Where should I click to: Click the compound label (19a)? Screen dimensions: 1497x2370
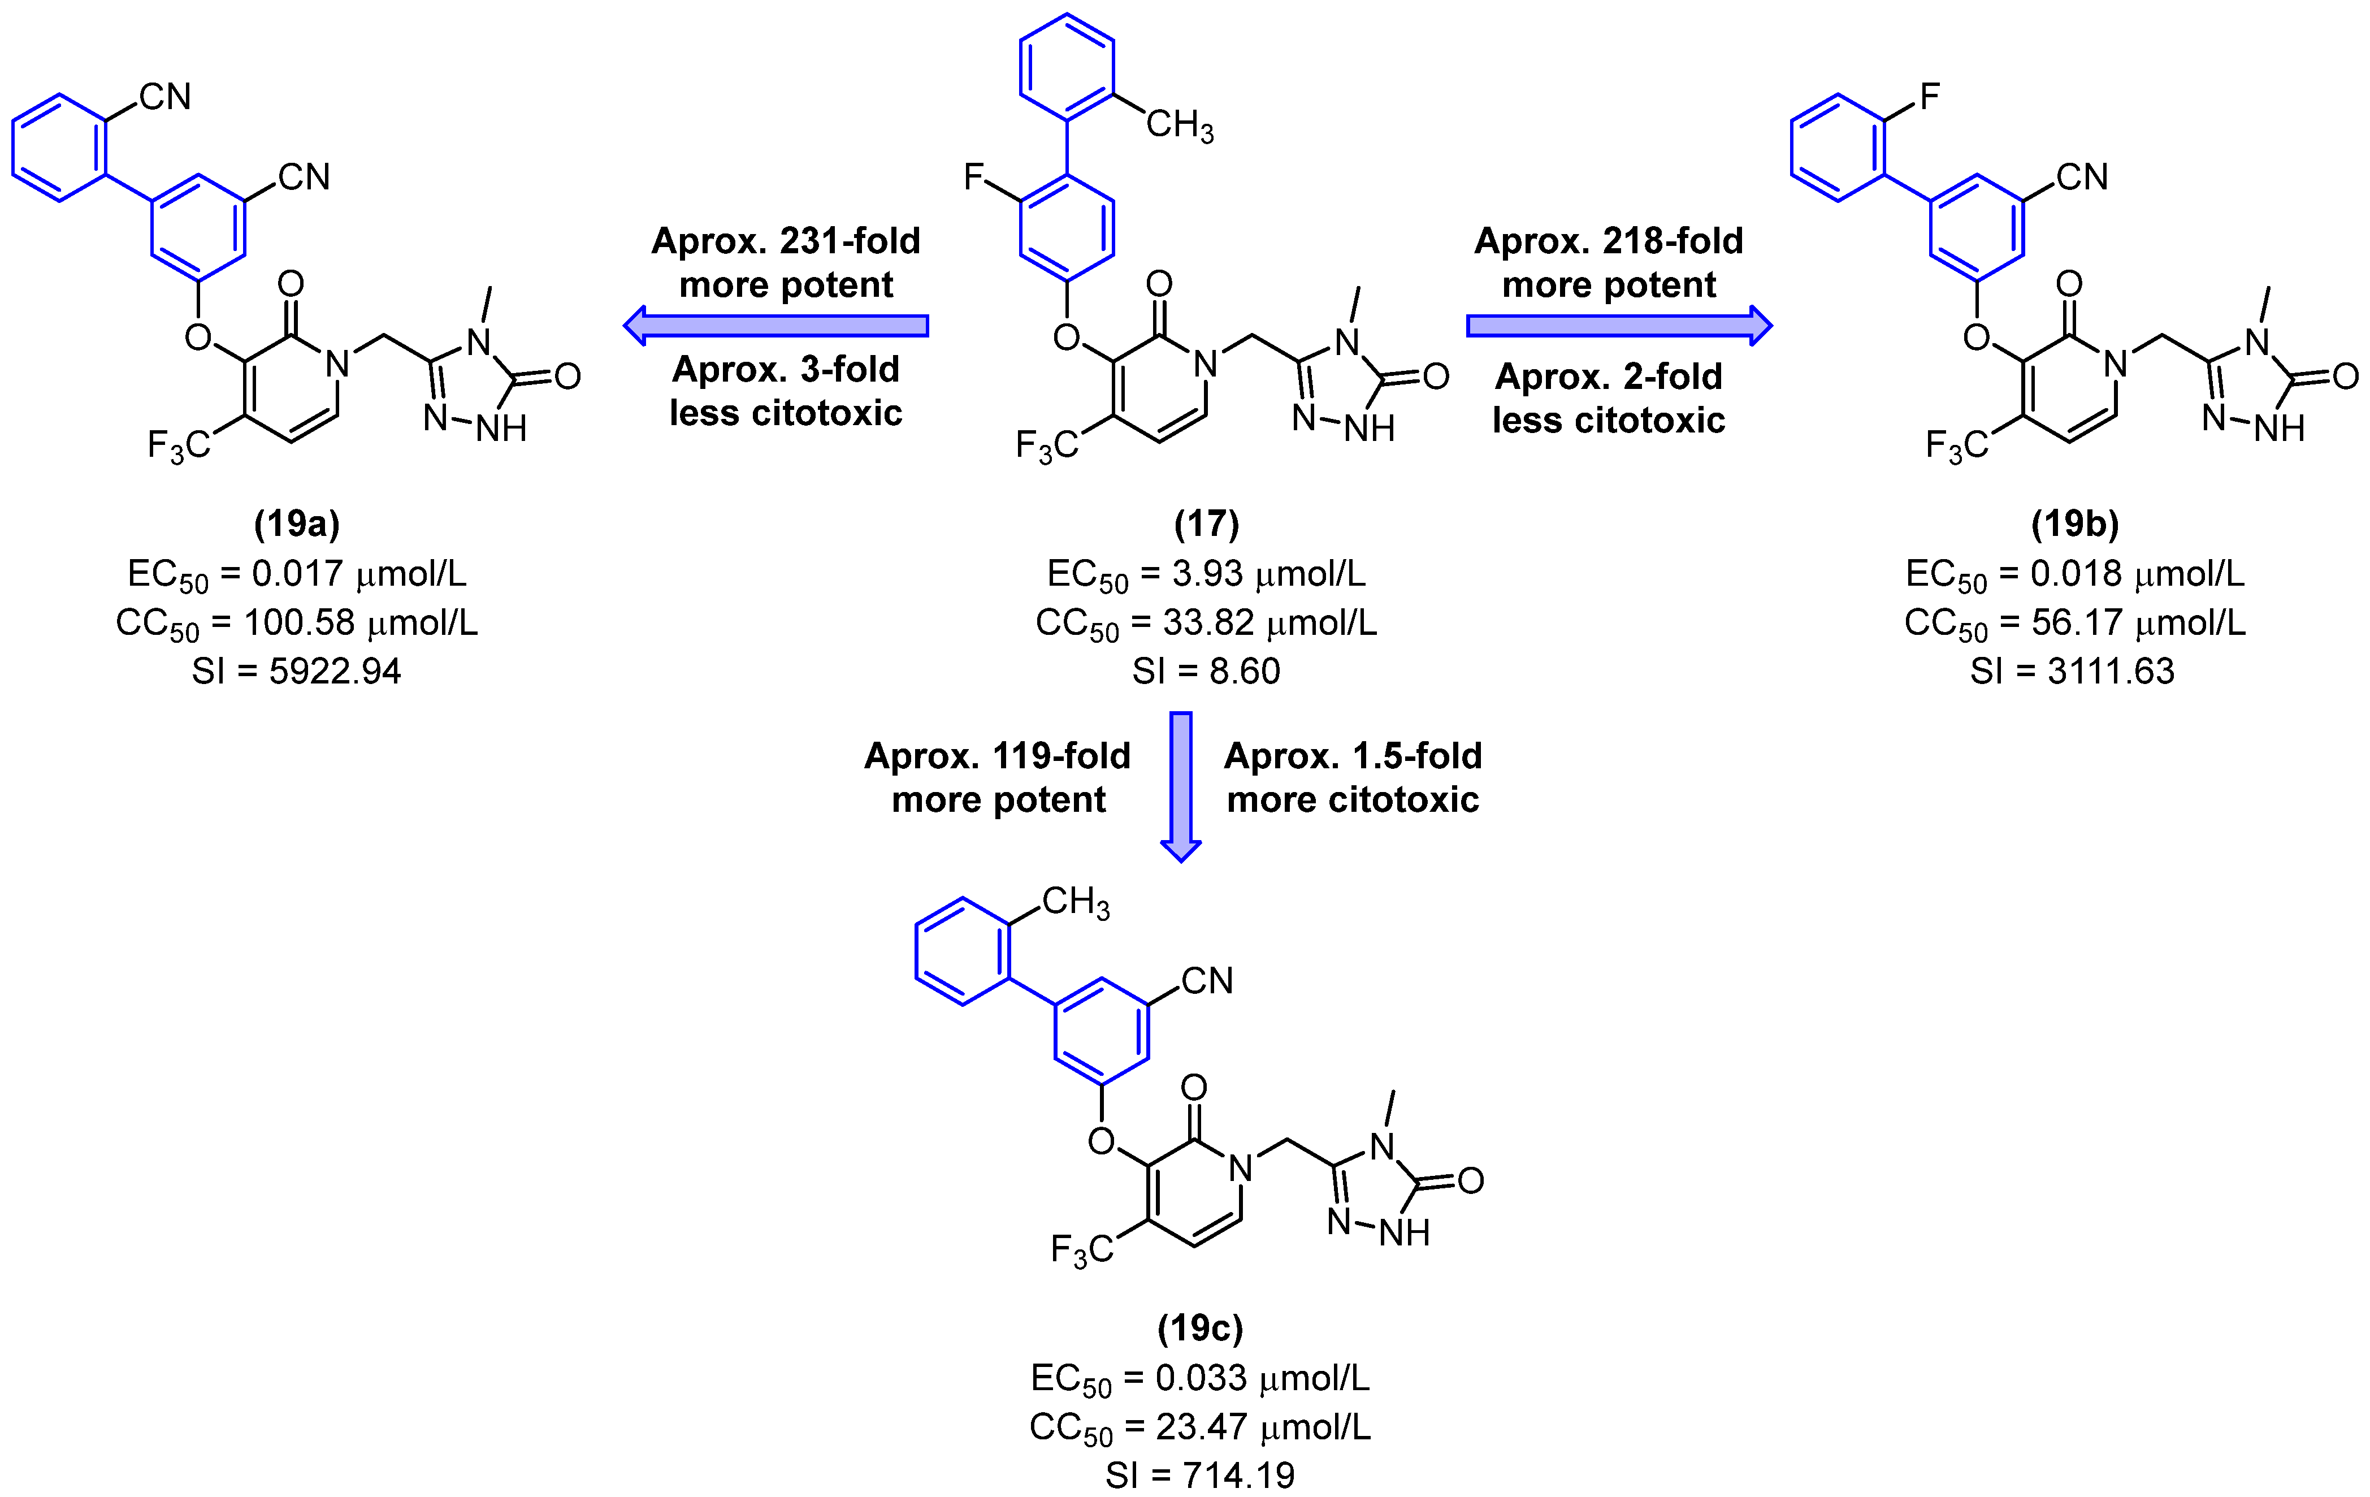(x=296, y=523)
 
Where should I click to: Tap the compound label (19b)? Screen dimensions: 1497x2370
(x=2075, y=523)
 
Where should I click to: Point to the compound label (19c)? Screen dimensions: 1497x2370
(x=1200, y=1328)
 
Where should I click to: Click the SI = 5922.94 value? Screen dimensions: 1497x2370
(x=296, y=671)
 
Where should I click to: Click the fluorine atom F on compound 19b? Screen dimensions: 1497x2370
(x=1929, y=97)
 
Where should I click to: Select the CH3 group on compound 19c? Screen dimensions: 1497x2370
(x=1074, y=902)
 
